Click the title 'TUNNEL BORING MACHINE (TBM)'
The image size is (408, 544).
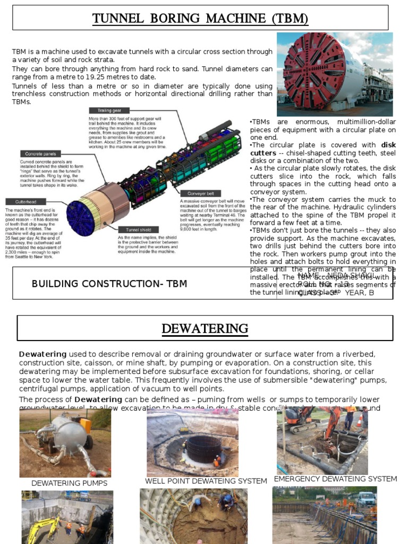(200, 19)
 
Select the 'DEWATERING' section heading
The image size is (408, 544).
(205, 329)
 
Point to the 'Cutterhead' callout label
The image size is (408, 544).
(22, 202)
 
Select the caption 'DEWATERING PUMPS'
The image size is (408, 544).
(69, 483)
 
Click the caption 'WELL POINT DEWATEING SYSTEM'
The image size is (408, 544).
(206, 481)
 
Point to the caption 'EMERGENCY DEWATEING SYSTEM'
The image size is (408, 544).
(335, 479)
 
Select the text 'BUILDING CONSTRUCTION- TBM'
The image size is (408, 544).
(109, 284)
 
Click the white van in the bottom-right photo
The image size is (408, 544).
(366, 499)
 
